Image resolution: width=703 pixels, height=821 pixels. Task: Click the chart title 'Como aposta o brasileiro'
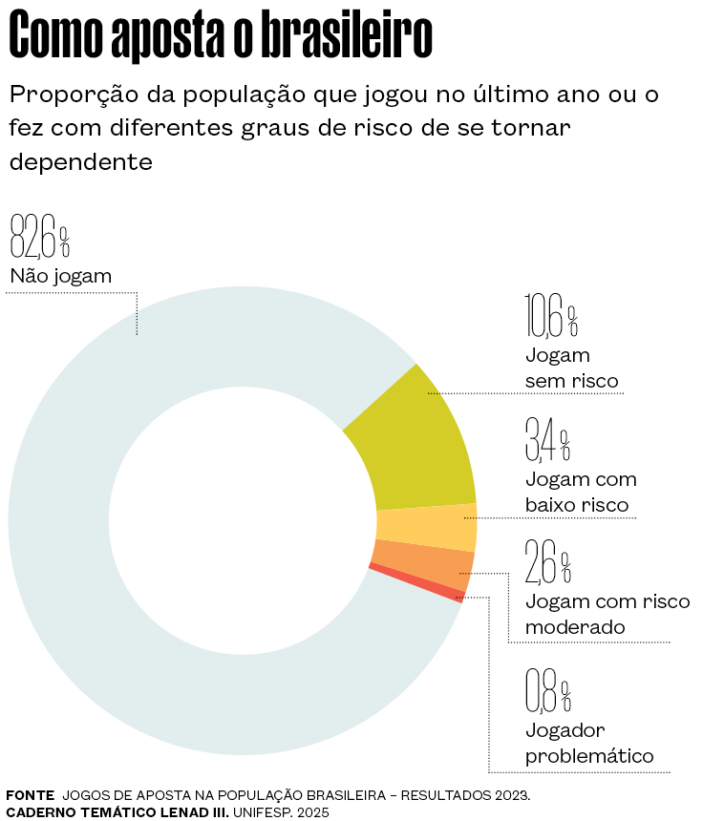click(221, 36)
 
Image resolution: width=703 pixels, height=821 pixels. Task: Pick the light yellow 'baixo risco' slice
click(426, 528)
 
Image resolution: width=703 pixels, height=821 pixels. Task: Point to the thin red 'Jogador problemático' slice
click(415, 583)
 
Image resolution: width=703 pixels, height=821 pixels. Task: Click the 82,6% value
click(39, 236)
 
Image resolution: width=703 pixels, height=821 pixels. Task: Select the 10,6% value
click(551, 317)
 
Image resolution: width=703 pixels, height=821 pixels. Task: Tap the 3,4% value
click(547, 439)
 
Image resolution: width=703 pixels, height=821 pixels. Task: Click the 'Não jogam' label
click(61, 278)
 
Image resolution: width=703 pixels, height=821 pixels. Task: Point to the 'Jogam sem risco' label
click(571, 368)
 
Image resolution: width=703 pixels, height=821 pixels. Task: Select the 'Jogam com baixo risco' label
click(581, 492)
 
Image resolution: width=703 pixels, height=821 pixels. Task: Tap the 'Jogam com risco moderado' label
click(607, 614)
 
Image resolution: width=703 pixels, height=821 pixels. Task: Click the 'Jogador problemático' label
click(588, 744)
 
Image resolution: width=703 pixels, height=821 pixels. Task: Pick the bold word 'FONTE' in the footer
click(30, 794)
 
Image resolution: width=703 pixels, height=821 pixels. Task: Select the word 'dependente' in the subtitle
click(81, 162)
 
